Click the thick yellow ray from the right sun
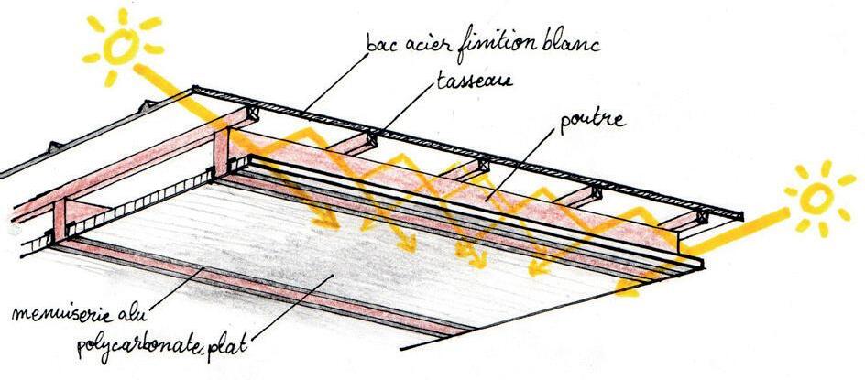tap(733, 233)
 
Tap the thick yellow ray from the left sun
tap(174, 87)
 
